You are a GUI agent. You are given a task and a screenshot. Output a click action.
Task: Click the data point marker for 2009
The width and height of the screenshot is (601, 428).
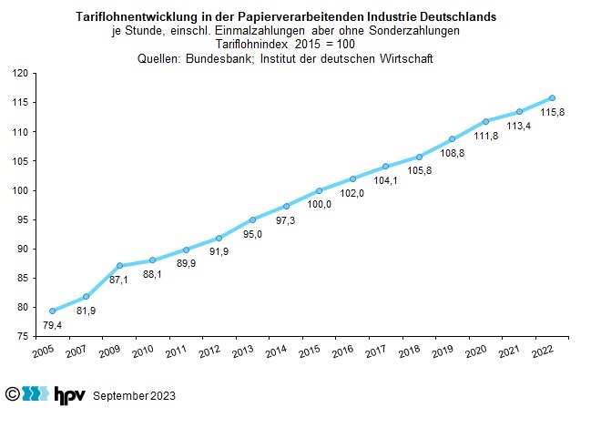119,265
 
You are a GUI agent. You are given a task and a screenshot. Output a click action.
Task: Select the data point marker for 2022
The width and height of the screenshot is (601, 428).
552,97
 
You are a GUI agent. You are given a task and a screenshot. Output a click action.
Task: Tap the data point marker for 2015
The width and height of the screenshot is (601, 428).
319,190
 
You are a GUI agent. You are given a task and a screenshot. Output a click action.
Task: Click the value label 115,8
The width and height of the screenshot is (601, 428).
553,113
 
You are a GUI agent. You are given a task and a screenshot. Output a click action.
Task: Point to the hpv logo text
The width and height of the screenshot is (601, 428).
68,394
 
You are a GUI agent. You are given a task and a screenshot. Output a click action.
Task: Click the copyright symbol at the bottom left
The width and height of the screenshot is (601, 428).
13,394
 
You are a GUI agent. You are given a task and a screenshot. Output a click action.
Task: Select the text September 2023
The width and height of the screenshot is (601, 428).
133,396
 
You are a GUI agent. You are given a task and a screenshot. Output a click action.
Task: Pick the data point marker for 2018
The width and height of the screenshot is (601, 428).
419,157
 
